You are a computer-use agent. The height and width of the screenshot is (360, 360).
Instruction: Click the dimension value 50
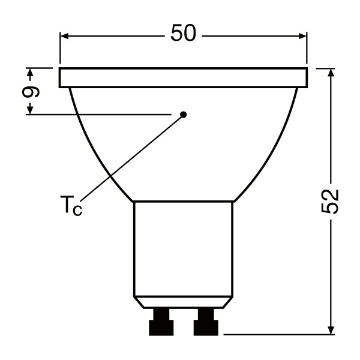184,33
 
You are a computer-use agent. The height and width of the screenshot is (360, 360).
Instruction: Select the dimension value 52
329,202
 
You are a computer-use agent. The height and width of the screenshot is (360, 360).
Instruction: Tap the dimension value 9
31,92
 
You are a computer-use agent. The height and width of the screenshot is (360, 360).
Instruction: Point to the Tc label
71,205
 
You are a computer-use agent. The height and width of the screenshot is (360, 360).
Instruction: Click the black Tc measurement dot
184,115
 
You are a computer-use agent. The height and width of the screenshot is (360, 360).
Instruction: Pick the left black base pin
161,322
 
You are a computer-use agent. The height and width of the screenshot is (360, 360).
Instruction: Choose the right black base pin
206,322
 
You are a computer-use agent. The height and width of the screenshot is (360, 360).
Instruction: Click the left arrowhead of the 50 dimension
65,36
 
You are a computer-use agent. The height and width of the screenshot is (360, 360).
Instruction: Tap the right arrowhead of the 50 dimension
302,36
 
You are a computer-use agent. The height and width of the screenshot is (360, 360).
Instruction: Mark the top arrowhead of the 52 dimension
331,73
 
